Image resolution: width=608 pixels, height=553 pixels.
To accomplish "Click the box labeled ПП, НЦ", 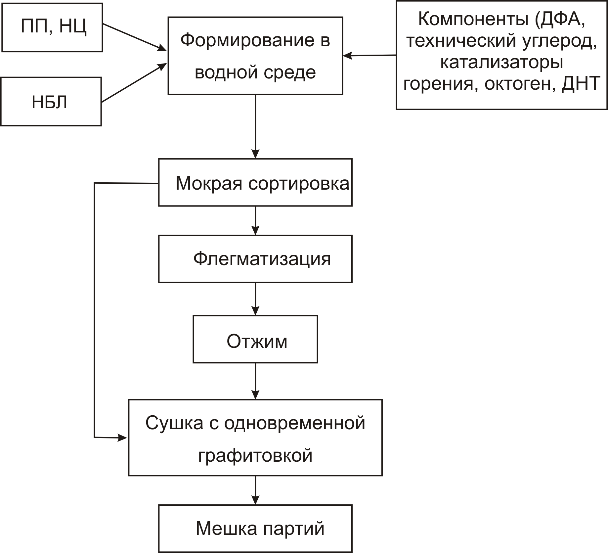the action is (52, 27).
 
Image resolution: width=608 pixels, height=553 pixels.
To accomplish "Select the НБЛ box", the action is (51, 102).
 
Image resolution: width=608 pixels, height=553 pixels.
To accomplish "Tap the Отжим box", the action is (255, 339).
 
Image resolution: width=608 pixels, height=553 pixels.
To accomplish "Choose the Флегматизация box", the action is (255, 259).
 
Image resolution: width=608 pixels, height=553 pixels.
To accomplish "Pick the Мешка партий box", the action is (255, 528).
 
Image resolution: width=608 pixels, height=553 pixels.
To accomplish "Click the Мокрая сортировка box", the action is (255, 182).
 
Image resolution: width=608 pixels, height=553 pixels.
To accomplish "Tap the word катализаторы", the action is (502, 63).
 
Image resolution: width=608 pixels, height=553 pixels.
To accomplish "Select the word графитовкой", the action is (255, 455).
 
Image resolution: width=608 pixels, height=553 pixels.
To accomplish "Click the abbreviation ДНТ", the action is (581, 83).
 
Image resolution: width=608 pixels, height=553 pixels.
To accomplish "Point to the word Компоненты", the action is (473, 19).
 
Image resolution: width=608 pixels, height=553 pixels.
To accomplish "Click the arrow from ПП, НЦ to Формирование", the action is (135, 37).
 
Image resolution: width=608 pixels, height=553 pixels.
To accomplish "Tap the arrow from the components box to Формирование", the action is (369, 56).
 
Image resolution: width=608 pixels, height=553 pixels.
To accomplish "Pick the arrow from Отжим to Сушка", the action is (255, 382).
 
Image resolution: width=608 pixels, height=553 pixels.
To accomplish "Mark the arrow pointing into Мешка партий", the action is (255, 490).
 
